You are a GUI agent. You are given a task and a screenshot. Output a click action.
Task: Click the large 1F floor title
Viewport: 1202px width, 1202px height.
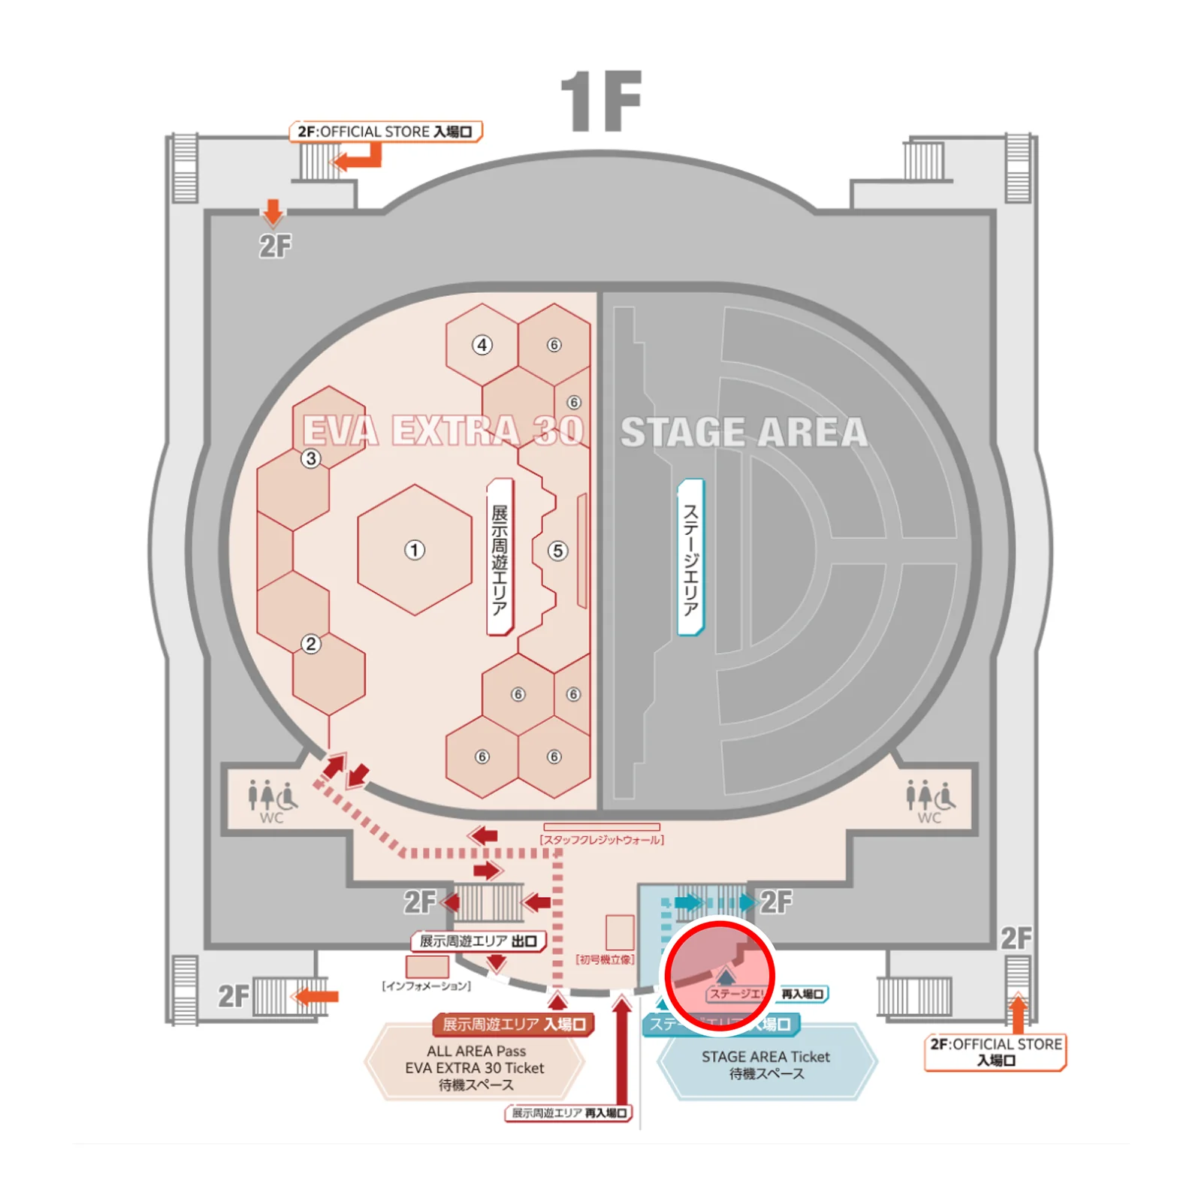601,101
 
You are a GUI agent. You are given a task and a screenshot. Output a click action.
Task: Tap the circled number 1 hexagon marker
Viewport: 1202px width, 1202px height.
414,550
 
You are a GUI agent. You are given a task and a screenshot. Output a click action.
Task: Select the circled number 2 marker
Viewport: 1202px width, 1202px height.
311,644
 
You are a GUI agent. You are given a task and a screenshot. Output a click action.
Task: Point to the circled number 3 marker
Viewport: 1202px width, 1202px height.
311,458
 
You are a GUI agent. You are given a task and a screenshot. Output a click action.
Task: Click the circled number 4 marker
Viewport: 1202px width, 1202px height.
482,345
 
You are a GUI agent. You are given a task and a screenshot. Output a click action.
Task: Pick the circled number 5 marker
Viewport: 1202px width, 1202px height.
557,551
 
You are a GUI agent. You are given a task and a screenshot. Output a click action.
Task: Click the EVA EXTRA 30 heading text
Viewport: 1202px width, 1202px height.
443,432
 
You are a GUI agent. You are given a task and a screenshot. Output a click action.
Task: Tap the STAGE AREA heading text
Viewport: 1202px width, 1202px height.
744,433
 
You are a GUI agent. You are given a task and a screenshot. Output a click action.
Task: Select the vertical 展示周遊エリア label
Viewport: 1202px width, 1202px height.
500,557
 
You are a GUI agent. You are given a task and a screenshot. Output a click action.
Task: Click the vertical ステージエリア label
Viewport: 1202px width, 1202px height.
690,557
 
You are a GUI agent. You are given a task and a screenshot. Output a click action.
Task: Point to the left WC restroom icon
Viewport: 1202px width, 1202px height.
272,801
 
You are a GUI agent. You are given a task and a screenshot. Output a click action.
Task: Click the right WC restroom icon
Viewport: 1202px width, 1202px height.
930,801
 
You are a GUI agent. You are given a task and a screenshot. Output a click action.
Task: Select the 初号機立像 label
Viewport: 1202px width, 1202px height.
605,959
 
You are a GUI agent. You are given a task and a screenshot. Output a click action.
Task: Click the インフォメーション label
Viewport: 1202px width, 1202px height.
427,986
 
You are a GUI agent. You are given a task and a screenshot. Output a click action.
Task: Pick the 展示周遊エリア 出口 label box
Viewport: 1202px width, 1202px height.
479,941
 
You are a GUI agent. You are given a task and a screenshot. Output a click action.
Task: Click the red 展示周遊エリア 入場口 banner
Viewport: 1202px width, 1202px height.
514,1024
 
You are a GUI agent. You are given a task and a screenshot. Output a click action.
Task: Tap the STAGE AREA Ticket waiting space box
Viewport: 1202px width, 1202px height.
766,1065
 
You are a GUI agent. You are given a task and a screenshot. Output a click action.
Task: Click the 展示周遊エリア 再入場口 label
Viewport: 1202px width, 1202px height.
569,1113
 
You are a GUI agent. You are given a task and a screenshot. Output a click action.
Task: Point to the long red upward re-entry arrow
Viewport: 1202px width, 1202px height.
621,1052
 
